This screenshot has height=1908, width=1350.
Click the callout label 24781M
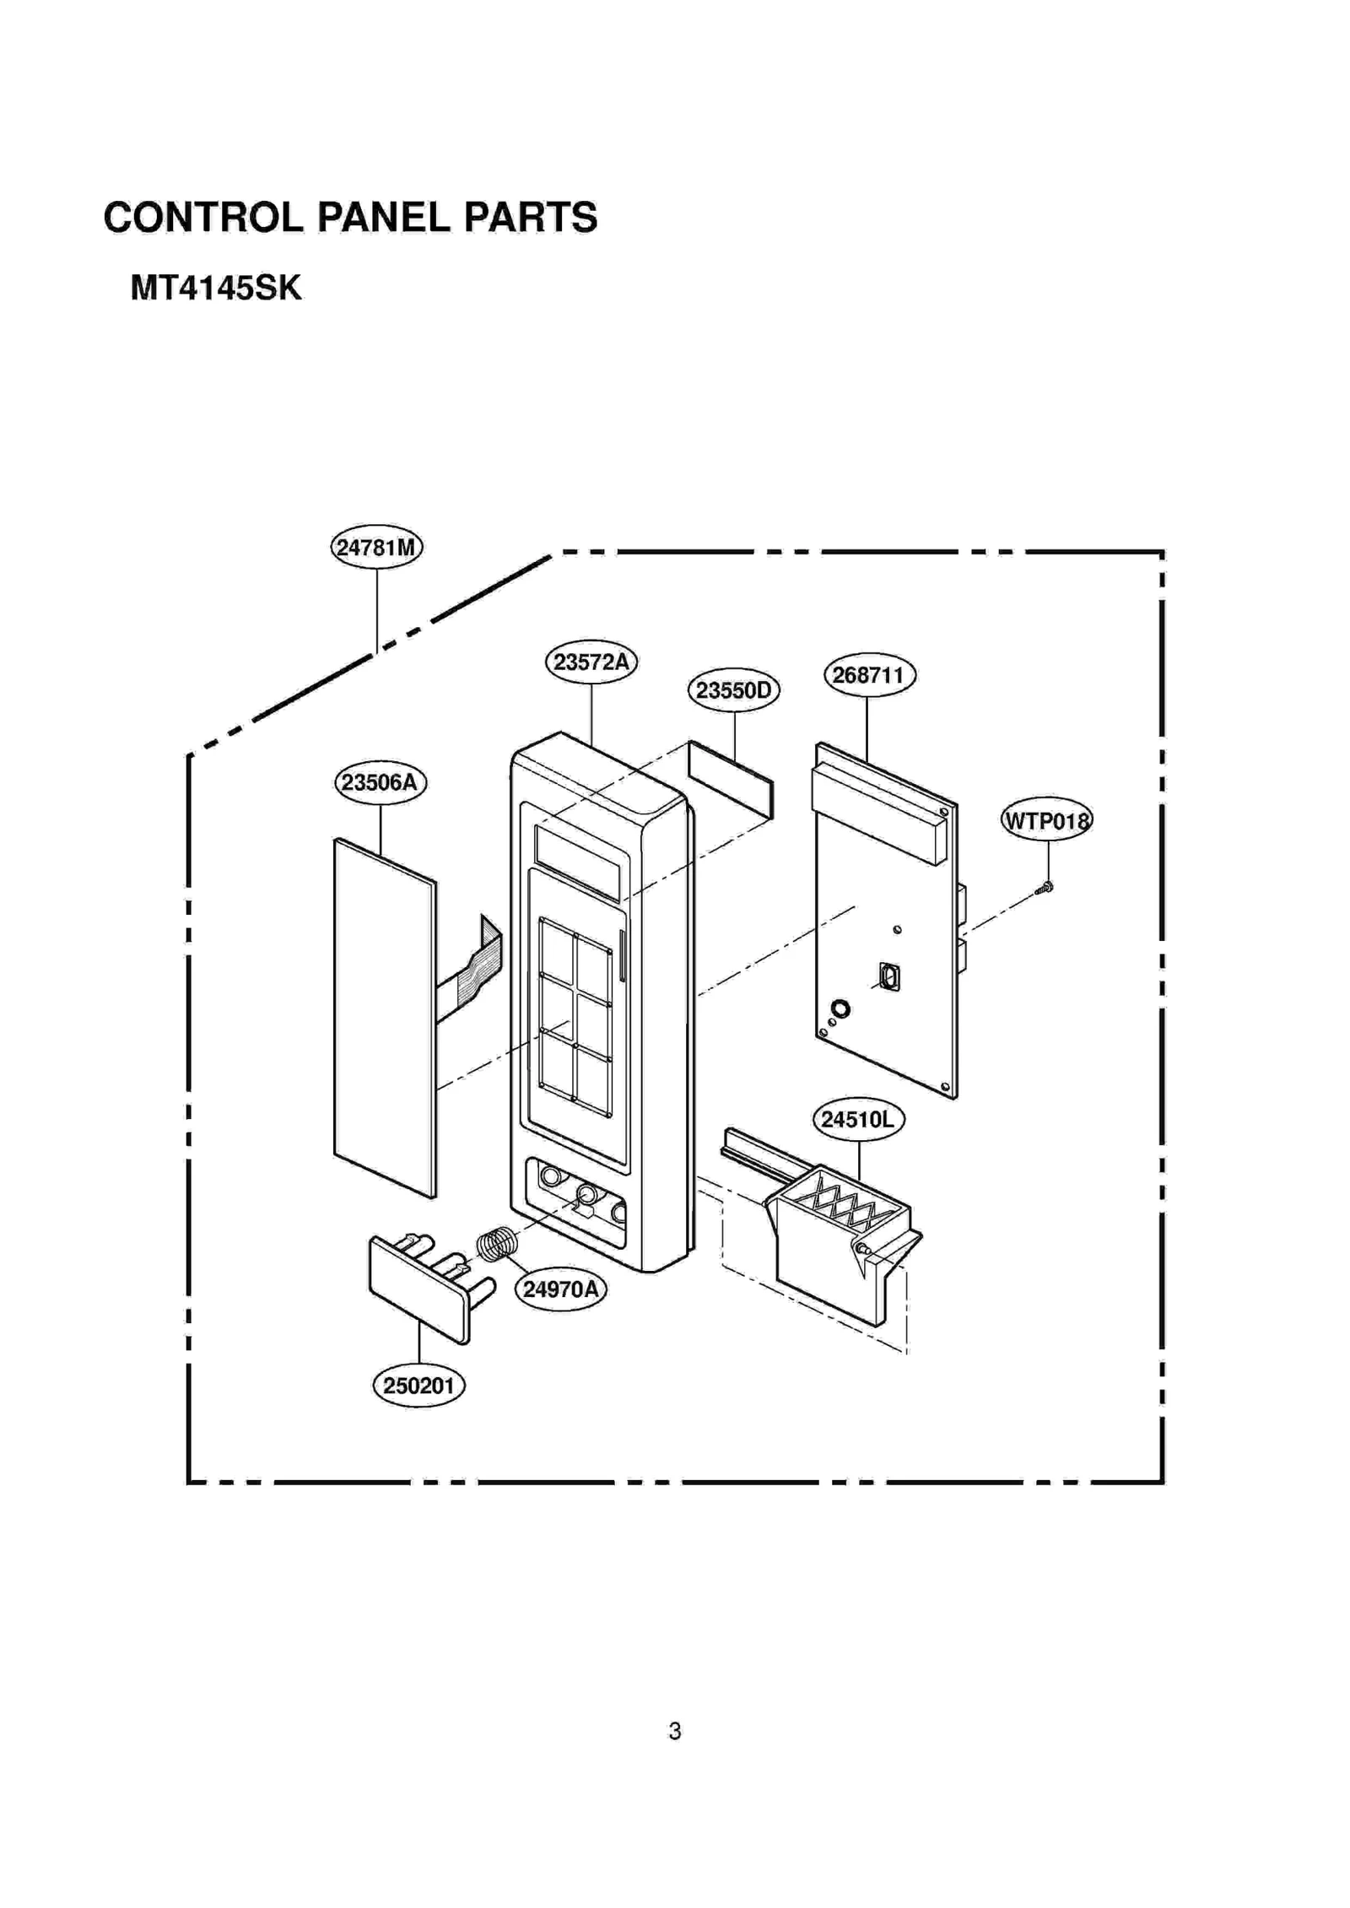tap(376, 548)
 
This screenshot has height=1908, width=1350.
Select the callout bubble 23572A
tap(591, 662)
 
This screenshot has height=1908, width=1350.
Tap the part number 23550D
tap(733, 690)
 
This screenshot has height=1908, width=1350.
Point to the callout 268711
tap(869, 675)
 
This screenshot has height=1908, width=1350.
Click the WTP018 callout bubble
tap(1046, 820)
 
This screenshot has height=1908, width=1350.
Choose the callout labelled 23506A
tap(380, 782)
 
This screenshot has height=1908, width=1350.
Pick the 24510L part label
tap(858, 1120)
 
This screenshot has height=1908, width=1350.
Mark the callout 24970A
tap(560, 1289)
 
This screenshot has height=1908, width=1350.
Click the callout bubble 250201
tap(418, 1386)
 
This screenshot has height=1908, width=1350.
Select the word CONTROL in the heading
tap(202, 218)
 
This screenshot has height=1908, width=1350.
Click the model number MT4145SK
tap(215, 289)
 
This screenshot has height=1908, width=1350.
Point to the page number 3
tap(674, 1732)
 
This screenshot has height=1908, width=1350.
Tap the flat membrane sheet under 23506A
tap(385, 1017)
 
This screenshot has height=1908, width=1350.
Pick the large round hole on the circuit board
tap(840, 1008)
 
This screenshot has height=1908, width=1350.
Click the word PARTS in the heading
tap(530, 218)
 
